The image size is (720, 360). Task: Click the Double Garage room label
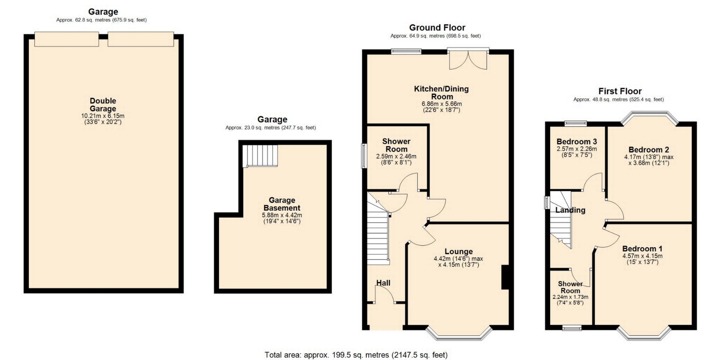tap(103, 105)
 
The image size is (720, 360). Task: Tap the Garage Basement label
tap(282, 204)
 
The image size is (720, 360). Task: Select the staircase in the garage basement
tap(260, 156)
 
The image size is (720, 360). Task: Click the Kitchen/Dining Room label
tap(442, 93)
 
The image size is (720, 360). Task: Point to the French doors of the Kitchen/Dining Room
tap(468, 59)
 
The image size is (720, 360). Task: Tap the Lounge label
tap(459, 252)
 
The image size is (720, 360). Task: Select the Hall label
tap(383, 283)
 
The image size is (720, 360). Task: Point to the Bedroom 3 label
tap(577, 142)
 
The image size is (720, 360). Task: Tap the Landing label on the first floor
tap(570, 210)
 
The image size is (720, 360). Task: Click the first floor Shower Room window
tap(572, 328)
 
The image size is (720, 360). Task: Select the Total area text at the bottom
tap(356, 355)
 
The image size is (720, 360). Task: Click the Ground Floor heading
tap(437, 27)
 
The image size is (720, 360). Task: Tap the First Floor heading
tap(620, 91)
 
